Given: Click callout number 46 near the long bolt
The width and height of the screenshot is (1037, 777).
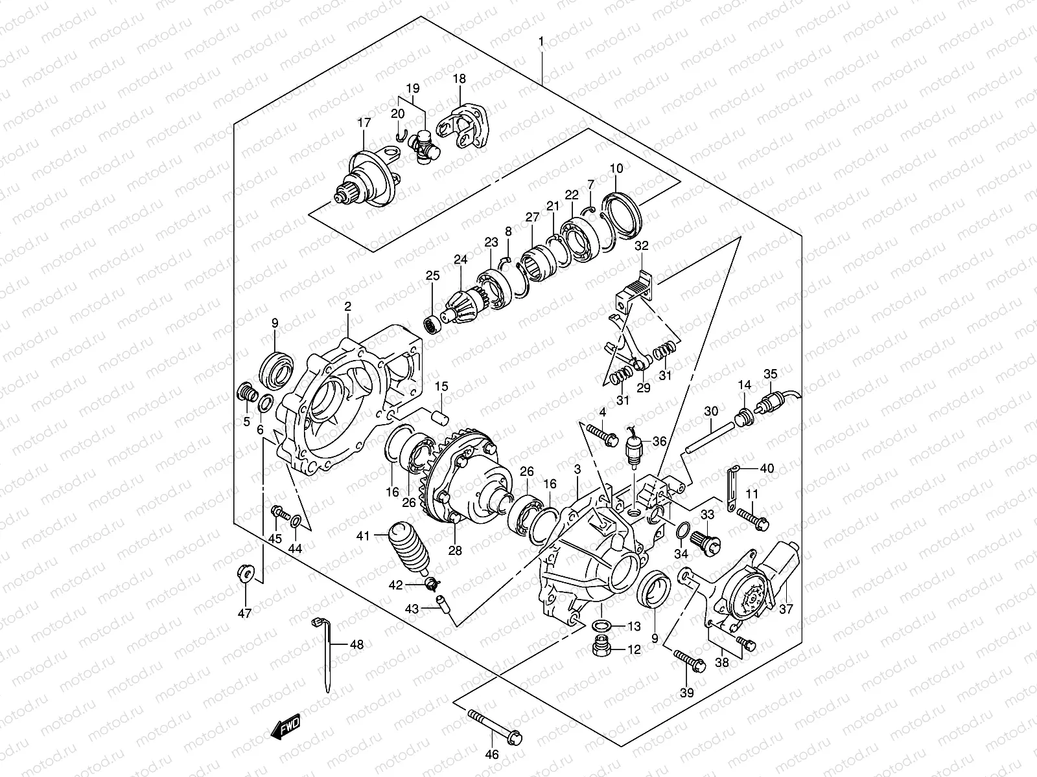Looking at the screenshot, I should [x=492, y=754].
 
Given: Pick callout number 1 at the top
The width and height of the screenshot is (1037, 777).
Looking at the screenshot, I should [x=541, y=41].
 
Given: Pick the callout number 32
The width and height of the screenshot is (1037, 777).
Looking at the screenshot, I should [x=641, y=246].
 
